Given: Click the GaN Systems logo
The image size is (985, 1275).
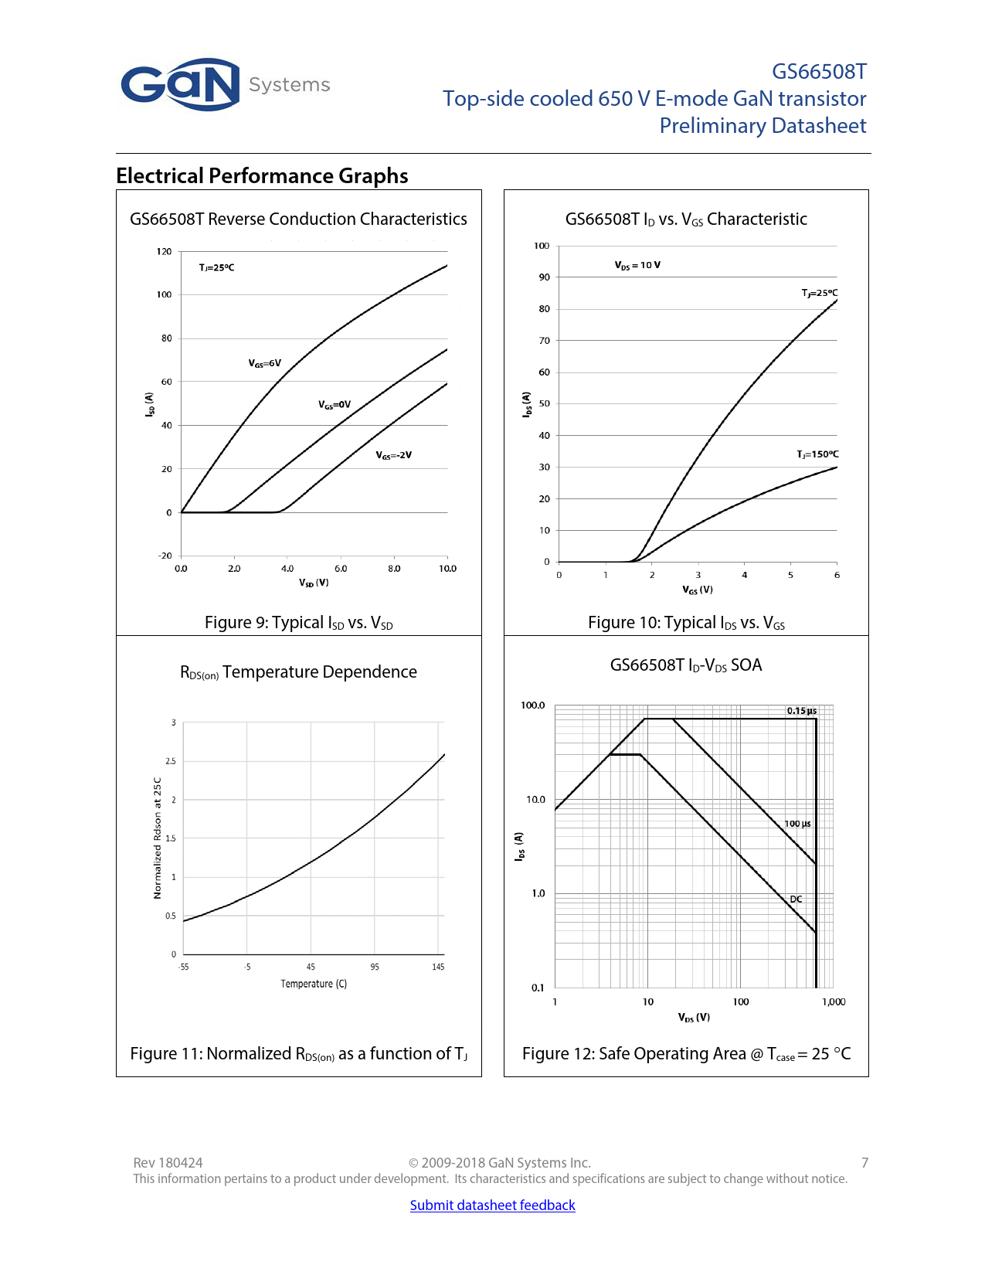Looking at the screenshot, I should pos(224,84).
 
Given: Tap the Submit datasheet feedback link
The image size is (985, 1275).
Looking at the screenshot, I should pos(492,1205).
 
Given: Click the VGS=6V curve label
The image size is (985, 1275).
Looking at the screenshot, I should pos(264,363).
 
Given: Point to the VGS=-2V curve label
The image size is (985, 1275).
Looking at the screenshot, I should pos(393,455).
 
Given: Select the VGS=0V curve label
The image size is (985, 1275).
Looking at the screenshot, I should pos(334,404).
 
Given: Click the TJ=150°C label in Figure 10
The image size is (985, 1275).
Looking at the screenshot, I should pos(817,454).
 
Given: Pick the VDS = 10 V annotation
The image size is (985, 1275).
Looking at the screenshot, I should pos(637,265).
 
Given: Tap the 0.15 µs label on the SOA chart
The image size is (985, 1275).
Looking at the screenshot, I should pos(801,711).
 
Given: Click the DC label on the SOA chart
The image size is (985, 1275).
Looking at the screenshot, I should pos(796,899).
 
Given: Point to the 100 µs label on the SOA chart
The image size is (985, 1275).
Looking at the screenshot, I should pos(797,824).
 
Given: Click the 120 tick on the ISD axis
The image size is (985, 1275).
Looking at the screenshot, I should pos(164,251).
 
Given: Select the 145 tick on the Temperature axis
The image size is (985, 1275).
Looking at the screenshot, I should pos(438,967).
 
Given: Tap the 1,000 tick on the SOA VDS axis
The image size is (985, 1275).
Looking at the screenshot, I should pos(834,1002).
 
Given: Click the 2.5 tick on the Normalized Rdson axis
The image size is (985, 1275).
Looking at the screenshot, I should pos(171,761).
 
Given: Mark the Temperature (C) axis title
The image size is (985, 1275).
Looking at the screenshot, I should pos(314,984).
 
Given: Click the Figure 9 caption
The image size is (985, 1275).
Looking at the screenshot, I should pos(298,623).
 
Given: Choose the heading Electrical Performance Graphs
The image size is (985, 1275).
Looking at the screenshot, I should pos(262,176).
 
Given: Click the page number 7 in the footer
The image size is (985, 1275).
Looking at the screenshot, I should pos(864,1162).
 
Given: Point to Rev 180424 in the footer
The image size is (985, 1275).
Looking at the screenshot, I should pos(168,1162).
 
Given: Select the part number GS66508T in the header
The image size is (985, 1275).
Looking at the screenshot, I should pos(819,72).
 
